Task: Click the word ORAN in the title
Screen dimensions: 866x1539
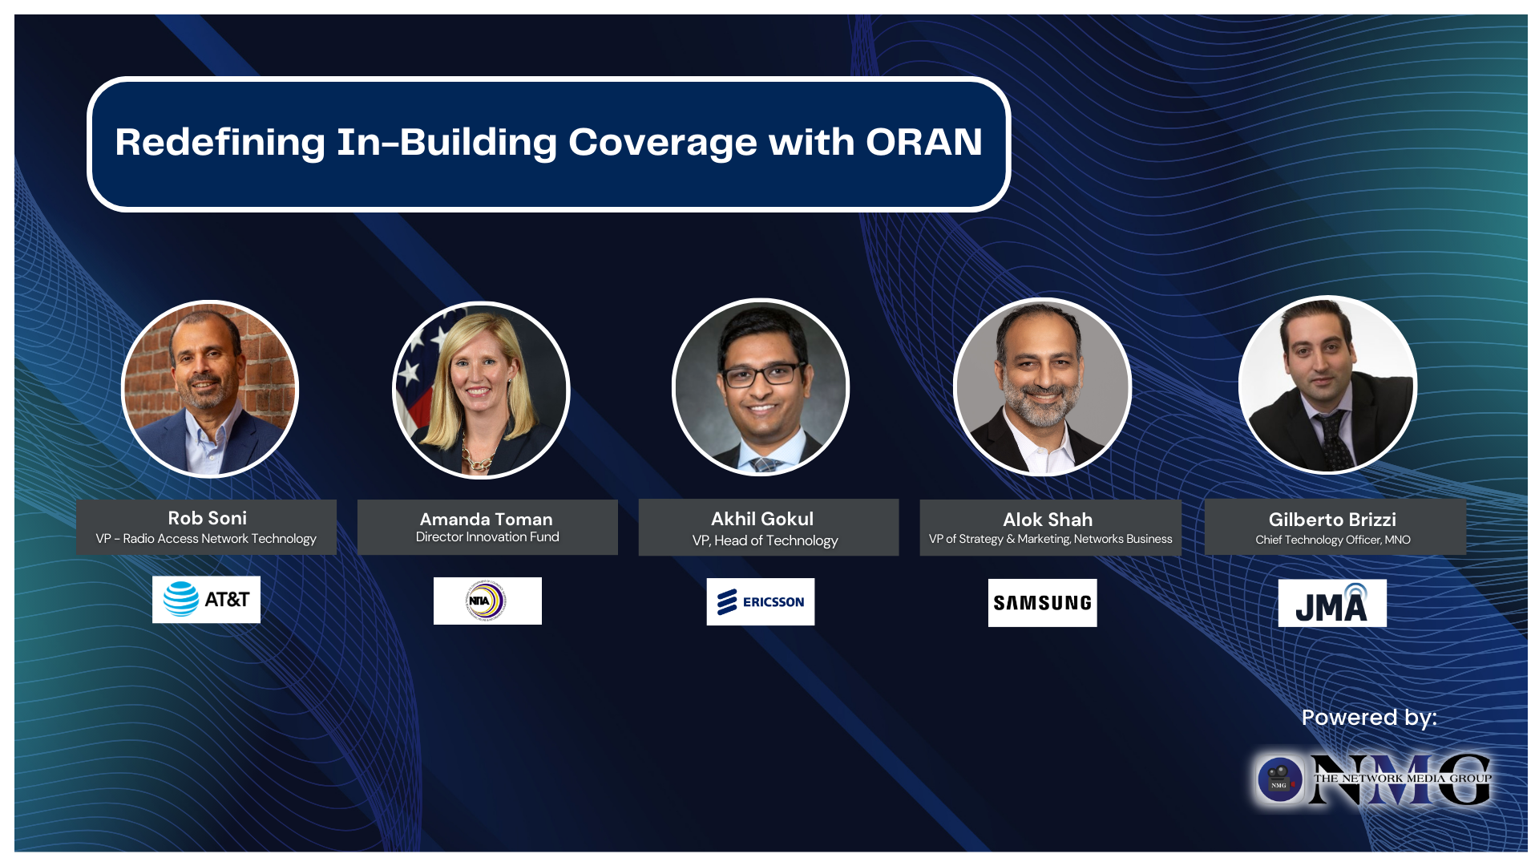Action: (923, 142)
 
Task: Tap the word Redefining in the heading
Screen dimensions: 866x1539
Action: (220, 143)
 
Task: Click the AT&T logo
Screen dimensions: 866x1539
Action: (206, 599)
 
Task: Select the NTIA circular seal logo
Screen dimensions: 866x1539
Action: (487, 601)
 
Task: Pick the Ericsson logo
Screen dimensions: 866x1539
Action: (760, 601)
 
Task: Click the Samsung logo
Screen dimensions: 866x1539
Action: (1042, 602)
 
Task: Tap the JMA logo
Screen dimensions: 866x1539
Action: (1331, 604)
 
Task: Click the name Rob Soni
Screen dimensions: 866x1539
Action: (207, 518)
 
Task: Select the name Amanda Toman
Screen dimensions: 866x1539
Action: (486, 519)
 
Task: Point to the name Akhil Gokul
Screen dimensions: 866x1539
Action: (761, 519)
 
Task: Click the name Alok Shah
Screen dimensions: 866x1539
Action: (1047, 520)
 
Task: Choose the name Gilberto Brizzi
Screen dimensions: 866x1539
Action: (1331, 520)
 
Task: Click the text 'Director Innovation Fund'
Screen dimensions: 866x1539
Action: (487, 537)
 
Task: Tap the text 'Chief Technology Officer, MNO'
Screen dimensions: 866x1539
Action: (1332, 540)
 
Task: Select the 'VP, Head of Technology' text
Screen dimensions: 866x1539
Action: (765, 540)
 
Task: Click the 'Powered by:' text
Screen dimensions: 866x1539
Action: (1368, 717)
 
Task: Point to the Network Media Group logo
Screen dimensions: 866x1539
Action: (1372, 779)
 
